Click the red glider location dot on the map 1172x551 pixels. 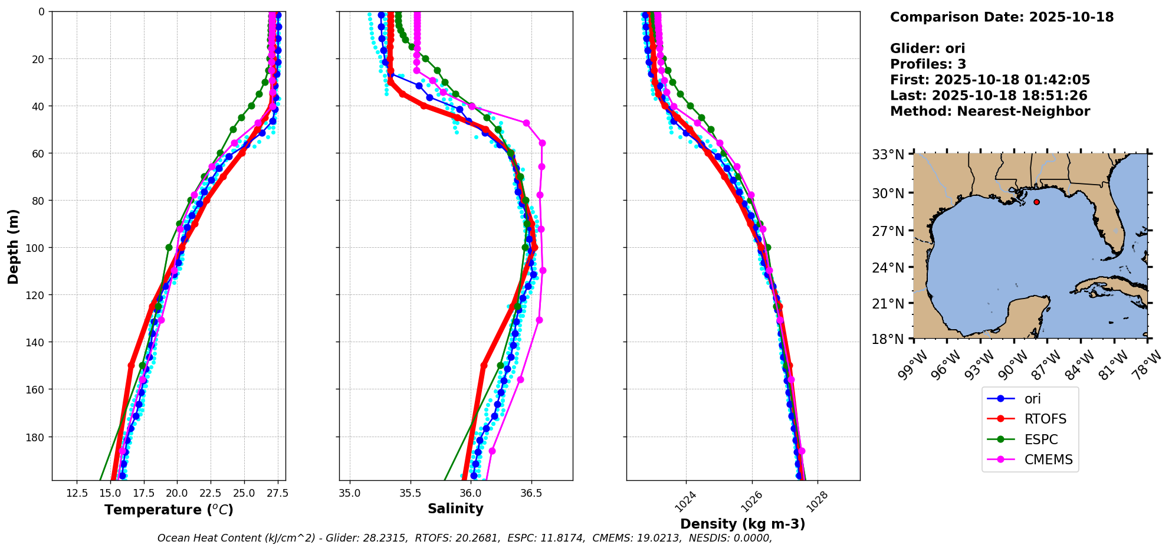point(1036,202)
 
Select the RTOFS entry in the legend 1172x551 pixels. point(1045,419)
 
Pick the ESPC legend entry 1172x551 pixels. point(1041,440)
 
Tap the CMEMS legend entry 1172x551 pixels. point(1048,460)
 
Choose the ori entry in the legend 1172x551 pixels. point(1032,399)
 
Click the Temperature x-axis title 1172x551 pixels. point(169,510)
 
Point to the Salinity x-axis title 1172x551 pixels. point(455,509)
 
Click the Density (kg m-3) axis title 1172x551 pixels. point(743,524)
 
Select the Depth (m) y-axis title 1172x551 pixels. point(14,246)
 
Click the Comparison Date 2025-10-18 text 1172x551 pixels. point(1002,18)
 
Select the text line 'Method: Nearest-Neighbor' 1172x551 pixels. point(990,111)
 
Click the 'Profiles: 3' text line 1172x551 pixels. point(928,64)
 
